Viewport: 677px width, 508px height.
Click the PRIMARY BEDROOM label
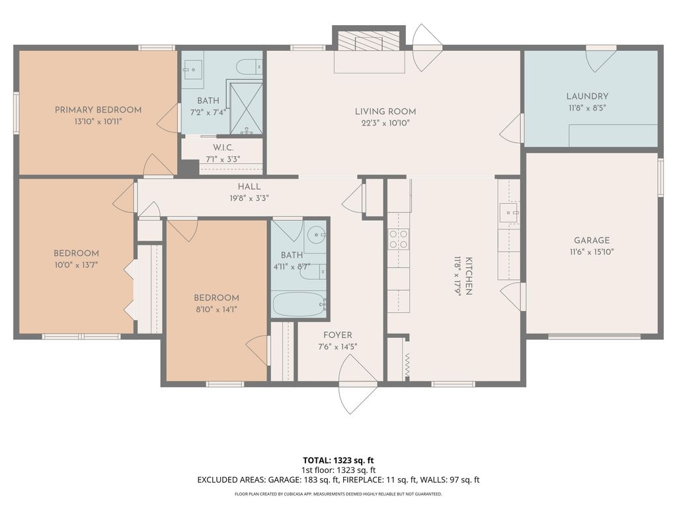pyautogui.click(x=98, y=110)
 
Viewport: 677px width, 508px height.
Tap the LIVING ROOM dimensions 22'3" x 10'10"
pyautogui.click(x=385, y=124)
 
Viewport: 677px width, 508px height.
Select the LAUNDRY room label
pyautogui.click(x=587, y=96)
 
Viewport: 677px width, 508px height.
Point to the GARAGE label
pyautogui.click(x=592, y=240)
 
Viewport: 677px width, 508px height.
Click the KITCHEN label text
pyautogui.click(x=468, y=276)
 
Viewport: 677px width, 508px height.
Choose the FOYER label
pyautogui.click(x=337, y=335)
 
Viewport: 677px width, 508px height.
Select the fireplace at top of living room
pyautogui.click(x=368, y=43)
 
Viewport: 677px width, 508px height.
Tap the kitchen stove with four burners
pyautogui.click(x=398, y=239)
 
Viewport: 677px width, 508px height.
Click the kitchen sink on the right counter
pyautogui.click(x=508, y=214)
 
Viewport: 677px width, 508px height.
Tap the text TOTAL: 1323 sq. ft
pyautogui.click(x=338, y=460)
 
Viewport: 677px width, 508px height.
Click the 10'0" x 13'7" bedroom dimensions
pyautogui.click(x=76, y=265)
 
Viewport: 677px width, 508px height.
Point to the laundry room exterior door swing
pyautogui.click(x=600, y=60)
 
